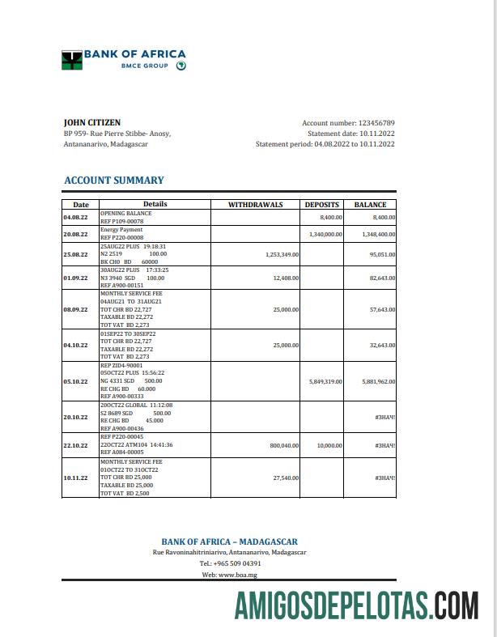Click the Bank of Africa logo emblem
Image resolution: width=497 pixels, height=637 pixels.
pos(72,59)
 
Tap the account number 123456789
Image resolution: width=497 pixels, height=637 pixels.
pos(376,122)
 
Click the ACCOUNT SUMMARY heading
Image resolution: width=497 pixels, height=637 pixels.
pos(113,180)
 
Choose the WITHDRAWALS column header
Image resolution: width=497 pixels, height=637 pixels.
pos(255,205)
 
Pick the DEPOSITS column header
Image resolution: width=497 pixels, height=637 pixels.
pos(323,205)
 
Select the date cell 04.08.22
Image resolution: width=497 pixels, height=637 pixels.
pos(75,217)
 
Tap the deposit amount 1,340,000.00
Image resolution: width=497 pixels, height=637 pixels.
pos(326,234)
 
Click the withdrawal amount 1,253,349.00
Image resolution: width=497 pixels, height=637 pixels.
pos(282,254)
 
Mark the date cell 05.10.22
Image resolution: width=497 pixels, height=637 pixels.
pos(75,380)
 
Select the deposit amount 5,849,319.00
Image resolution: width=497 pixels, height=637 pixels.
pos(326,380)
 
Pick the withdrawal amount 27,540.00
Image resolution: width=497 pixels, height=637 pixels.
pos(286,478)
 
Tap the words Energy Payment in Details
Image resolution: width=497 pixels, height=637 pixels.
pos(121,230)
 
